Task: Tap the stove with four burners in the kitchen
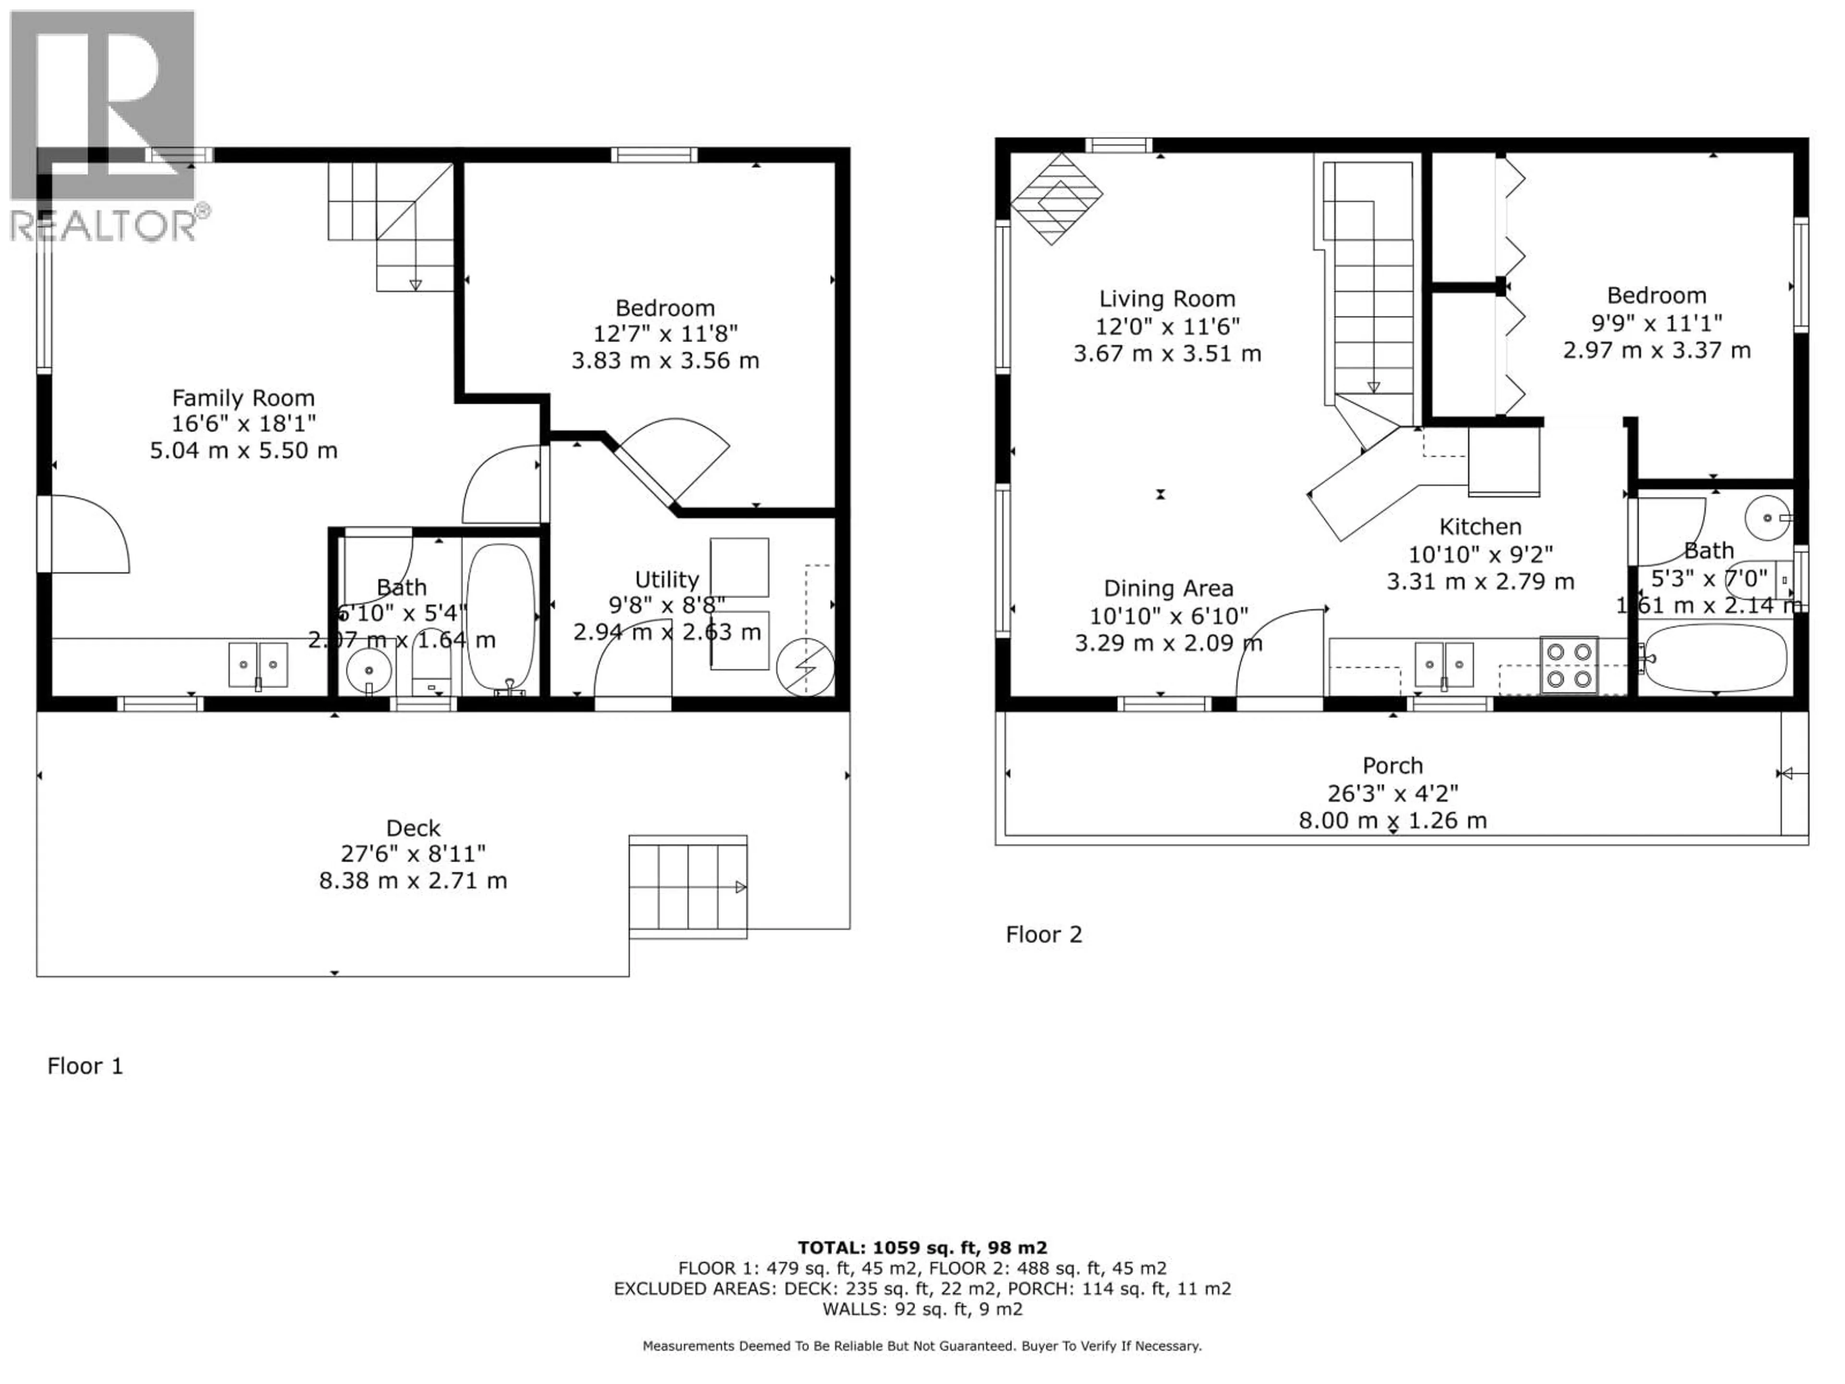pyautogui.click(x=1569, y=665)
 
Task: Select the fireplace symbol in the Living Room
pyautogui.click(x=1055, y=198)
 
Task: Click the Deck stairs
pyautogui.click(x=687, y=887)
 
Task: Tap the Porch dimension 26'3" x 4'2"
pyautogui.click(x=1392, y=793)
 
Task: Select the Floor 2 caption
pyautogui.click(x=1044, y=934)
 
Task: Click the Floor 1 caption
pyautogui.click(x=85, y=1066)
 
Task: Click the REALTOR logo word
pyautogui.click(x=104, y=225)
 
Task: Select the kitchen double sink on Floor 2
pyautogui.click(x=1444, y=665)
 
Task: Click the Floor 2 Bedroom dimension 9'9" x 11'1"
pyautogui.click(x=1657, y=323)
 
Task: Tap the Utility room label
pyautogui.click(x=666, y=580)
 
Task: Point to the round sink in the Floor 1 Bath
pyautogui.click(x=369, y=669)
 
